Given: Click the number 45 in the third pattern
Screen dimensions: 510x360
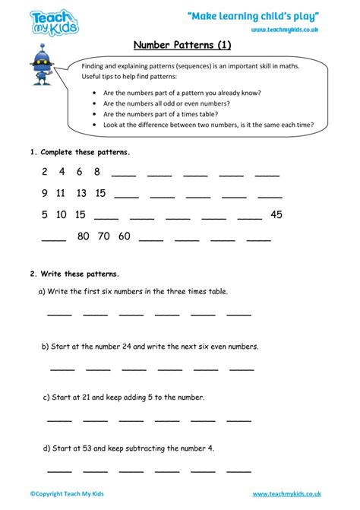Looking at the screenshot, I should [276, 215].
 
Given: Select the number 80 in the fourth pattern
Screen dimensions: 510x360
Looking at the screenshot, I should [84, 236].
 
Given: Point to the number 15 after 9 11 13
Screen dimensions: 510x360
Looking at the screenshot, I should [100, 193].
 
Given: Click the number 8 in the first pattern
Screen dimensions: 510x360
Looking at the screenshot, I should [97, 172].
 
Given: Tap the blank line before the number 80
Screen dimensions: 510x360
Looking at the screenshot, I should [54, 240].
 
